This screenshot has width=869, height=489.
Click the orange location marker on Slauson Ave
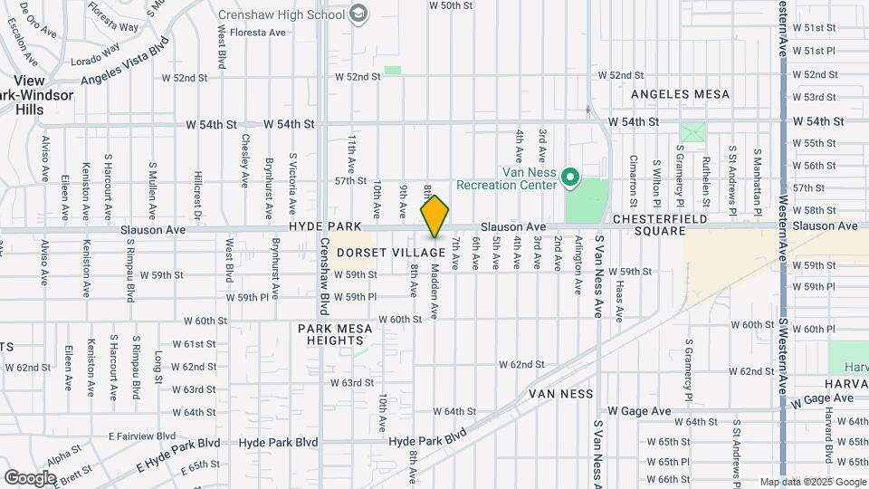point(434,217)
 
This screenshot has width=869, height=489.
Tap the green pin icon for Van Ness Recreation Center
point(570,177)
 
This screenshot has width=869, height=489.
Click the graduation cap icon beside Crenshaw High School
point(359,13)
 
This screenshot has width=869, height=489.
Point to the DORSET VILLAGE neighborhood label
point(391,253)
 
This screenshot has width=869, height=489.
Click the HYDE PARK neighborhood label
point(325,225)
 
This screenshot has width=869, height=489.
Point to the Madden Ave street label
point(434,291)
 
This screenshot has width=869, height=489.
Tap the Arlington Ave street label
point(578,265)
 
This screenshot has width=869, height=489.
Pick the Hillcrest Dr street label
point(196,191)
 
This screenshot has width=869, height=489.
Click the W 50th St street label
point(451,5)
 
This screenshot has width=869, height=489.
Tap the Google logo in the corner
point(30,476)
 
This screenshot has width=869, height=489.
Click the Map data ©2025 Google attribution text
point(813,482)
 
